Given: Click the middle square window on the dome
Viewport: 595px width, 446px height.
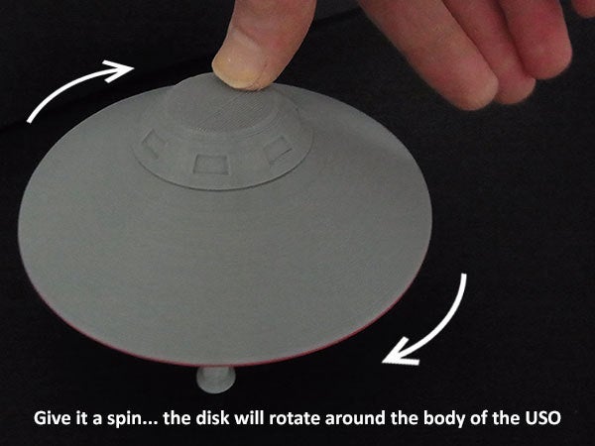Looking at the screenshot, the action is coord(212,165).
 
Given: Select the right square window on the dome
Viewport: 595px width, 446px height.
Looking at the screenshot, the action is coord(279,149).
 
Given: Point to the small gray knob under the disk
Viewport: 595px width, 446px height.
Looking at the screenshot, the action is coord(216,380).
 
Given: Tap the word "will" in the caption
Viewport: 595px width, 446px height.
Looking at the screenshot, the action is coord(249,418).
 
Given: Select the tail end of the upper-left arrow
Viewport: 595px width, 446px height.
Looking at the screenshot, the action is coord(30,121).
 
